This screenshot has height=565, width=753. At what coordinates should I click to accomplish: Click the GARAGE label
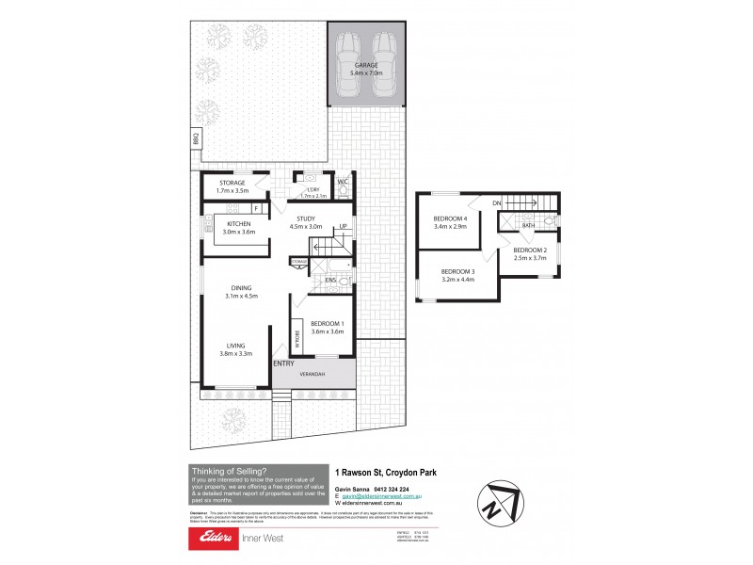point(367,66)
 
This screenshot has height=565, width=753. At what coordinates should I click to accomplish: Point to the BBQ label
point(197,138)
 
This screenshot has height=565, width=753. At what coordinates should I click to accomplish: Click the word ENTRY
point(283,363)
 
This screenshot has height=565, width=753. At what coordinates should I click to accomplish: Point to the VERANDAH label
point(312,374)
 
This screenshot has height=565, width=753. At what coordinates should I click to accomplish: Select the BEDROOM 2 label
point(530,251)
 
